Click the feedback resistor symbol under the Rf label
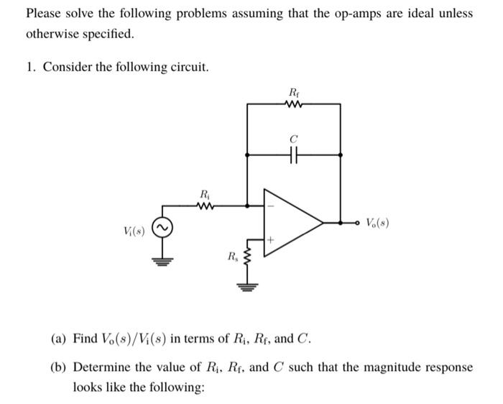(x=294, y=104)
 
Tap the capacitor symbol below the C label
(x=295, y=153)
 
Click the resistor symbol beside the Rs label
(x=249, y=257)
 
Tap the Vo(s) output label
(x=379, y=223)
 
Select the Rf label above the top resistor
(x=294, y=91)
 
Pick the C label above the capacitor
(x=294, y=139)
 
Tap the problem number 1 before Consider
(x=30, y=67)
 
